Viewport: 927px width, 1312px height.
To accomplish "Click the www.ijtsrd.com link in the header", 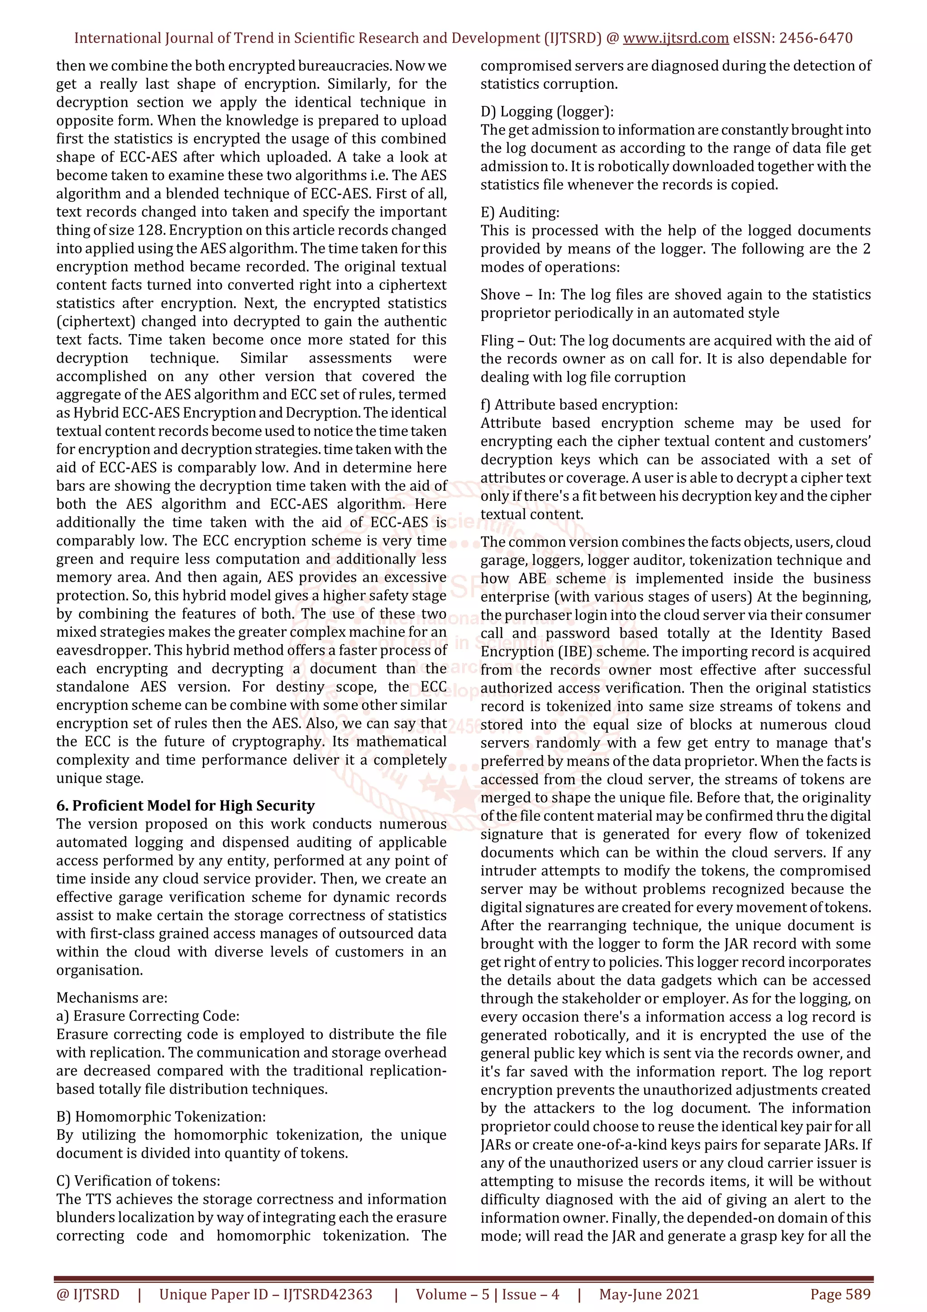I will [675, 38].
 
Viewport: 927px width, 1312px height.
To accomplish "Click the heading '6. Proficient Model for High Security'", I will [185, 806].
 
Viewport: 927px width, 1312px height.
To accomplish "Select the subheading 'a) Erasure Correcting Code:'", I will [148, 1016].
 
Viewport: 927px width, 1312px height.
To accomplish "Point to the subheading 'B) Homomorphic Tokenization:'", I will [161, 1116].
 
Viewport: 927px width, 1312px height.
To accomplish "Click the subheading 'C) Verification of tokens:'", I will [138, 1181].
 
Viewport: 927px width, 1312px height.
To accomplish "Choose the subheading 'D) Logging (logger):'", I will [547, 111].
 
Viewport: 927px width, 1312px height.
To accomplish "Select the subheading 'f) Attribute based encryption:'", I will [578, 405].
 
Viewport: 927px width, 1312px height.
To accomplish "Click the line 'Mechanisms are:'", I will [111, 998].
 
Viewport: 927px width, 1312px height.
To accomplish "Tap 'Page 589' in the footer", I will [840, 1294].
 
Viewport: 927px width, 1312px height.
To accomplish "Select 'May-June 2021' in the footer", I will [649, 1294].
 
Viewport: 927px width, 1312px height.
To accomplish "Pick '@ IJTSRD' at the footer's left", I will [87, 1294].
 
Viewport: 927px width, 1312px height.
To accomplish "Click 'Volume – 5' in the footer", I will [452, 1294].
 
